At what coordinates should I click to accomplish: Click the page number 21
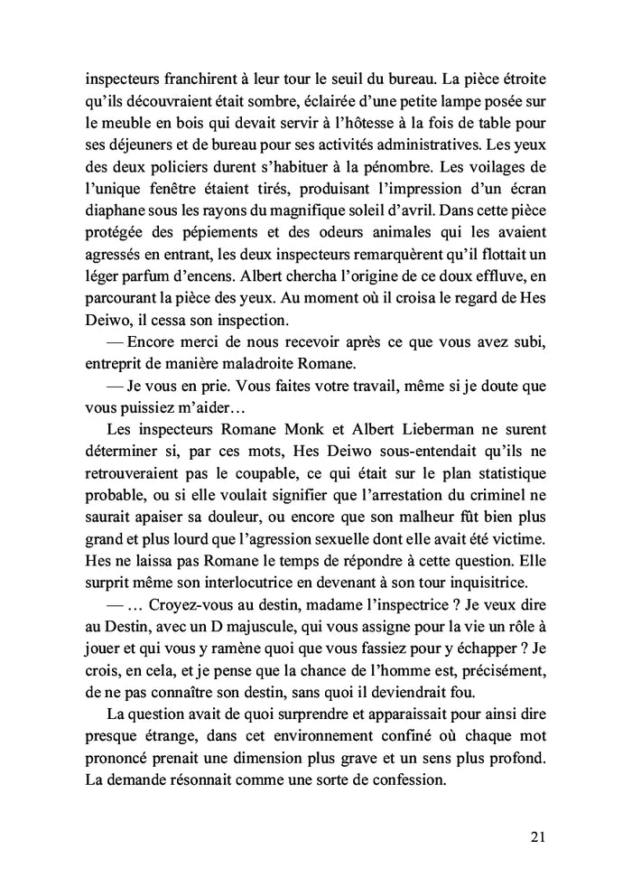[538, 837]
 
